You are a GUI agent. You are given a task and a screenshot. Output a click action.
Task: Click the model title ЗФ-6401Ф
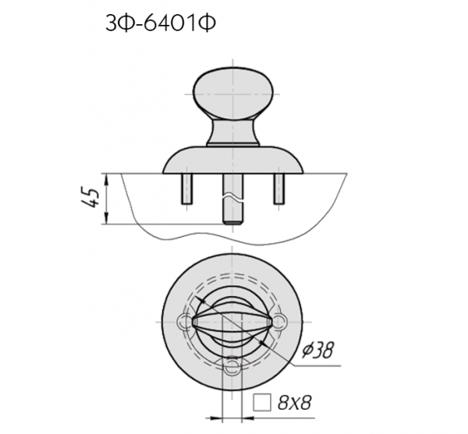click(x=160, y=23)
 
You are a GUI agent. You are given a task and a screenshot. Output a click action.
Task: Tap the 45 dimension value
click(x=90, y=198)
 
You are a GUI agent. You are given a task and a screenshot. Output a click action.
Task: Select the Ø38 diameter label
click(x=317, y=350)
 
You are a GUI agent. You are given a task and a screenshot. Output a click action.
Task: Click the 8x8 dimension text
click(x=295, y=403)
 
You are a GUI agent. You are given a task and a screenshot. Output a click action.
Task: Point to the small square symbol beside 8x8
click(x=262, y=402)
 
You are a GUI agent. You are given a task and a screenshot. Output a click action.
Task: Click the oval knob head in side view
click(x=232, y=93)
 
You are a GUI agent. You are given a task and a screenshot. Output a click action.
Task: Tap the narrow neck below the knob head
click(x=232, y=132)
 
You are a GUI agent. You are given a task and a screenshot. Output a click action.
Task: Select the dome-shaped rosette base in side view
click(x=232, y=160)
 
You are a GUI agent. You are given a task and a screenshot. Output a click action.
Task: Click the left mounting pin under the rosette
click(x=187, y=189)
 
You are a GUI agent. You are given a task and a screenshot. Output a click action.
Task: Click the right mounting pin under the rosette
click(x=278, y=189)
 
